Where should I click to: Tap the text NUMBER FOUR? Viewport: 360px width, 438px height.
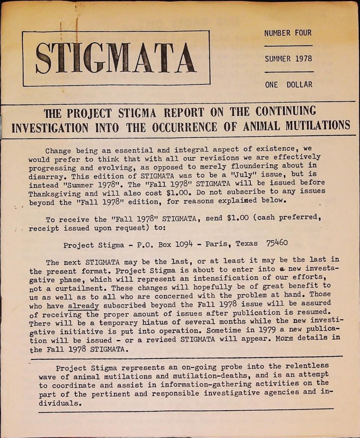[x=288, y=33]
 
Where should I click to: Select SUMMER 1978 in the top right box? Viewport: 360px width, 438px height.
[x=288, y=59]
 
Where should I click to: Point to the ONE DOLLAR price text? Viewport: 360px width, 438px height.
[x=288, y=85]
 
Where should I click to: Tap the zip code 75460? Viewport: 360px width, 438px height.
[x=277, y=243]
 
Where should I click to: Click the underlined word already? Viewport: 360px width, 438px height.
[x=83, y=306]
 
